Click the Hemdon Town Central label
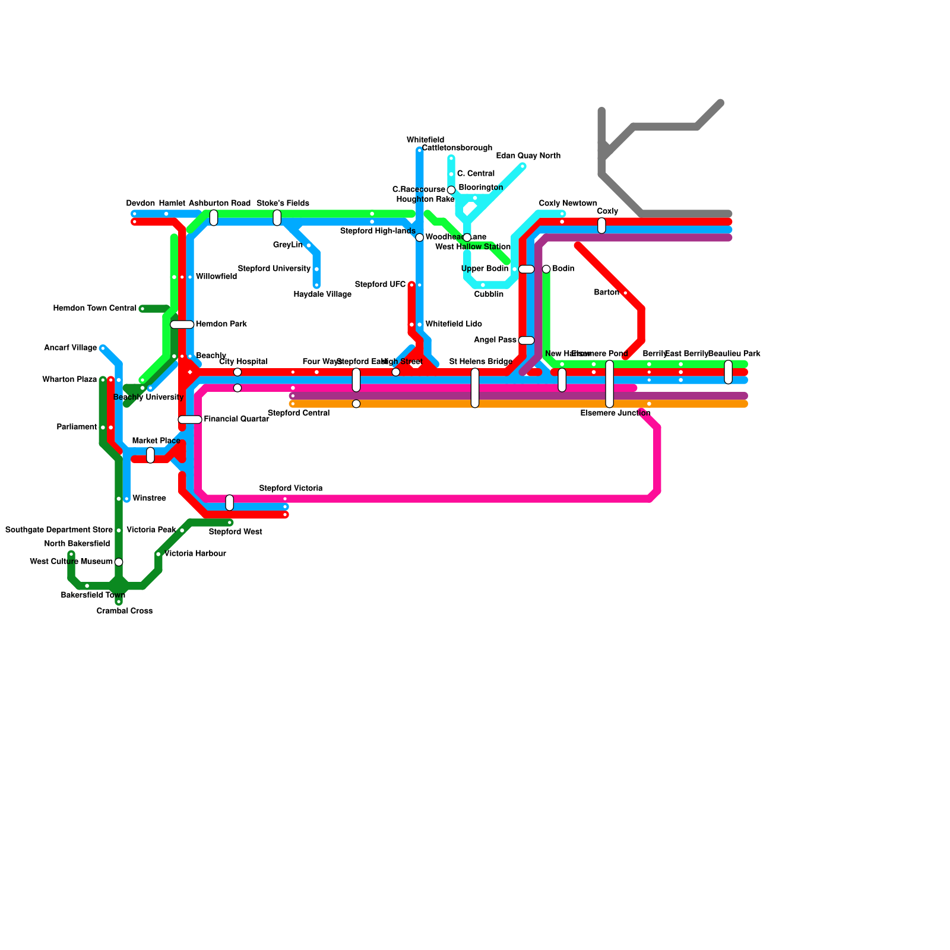point(95,309)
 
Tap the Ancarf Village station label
point(71,348)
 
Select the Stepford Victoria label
point(291,489)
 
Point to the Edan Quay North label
point(528,156)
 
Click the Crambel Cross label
point(125,611)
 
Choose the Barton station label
point(606,293)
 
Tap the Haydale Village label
point(322,294)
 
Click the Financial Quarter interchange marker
point(190,420)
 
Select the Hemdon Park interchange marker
point(182,325)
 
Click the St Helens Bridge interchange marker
point(475,388)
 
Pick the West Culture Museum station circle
point(119,562)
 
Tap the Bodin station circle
point(546,269)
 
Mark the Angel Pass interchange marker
point(527,340)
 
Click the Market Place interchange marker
point(150,455)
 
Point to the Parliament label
point(77,427)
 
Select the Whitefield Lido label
point(454,324)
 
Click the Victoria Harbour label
point(195,554)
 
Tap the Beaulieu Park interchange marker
point(729,372)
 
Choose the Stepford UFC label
point(380,285)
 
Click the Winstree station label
point(149,499)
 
